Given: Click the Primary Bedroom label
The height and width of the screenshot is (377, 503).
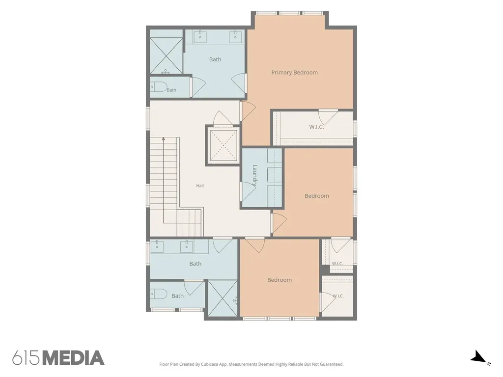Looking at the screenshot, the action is point(295,73).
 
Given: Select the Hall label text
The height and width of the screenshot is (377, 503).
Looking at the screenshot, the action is point(200,186).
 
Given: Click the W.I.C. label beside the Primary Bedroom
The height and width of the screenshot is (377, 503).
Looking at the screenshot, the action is point(316,127).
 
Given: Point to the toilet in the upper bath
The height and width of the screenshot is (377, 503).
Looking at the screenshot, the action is point(159,87).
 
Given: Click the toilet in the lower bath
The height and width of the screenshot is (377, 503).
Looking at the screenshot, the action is point(159,294).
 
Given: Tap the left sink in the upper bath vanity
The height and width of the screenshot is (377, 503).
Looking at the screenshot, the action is point(200,35).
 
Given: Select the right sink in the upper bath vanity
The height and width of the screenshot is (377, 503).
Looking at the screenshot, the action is point(235,35).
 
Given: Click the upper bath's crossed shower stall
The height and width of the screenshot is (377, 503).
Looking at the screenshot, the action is point(166,56).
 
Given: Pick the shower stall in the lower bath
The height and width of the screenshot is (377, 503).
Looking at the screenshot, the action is point(223,298).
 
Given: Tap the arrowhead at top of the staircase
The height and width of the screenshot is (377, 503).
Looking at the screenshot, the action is point(163,139).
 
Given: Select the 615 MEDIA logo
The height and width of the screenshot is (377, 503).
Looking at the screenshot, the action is point(58,358).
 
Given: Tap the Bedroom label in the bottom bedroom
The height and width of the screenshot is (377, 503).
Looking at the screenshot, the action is point(279,280).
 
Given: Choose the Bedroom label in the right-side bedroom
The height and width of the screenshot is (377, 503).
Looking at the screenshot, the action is point(317,196).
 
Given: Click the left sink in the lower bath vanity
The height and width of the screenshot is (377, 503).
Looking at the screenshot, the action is point(157,245).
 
